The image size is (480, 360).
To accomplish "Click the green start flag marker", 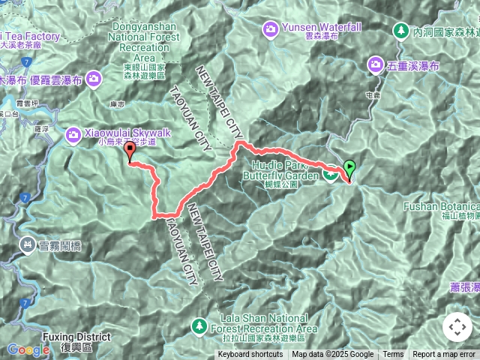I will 349,167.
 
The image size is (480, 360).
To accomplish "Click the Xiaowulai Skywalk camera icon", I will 73,133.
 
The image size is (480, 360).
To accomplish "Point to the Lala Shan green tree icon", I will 199,326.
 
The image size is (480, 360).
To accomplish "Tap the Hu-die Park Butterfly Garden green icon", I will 330,175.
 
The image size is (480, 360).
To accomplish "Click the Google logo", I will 28,349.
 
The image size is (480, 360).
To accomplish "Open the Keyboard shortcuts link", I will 250,355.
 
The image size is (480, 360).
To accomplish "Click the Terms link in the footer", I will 393,355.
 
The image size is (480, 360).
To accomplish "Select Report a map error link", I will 444,355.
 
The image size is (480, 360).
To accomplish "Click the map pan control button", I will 457,327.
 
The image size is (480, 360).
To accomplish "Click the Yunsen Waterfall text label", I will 322,27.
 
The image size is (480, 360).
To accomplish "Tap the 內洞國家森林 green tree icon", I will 401,31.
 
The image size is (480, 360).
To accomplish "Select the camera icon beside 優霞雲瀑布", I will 93,77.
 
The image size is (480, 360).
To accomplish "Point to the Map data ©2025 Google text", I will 332,355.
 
